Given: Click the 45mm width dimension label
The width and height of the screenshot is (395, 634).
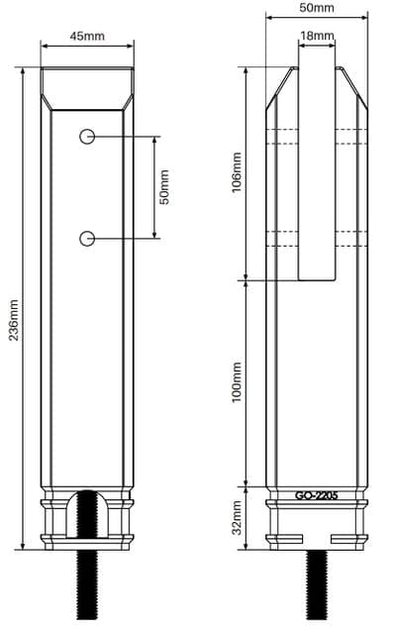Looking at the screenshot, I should tap(88, 36).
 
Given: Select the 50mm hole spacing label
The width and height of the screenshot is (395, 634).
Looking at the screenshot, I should tap(165, 187).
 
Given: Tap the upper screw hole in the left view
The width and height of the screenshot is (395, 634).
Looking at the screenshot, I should tap(87, 137).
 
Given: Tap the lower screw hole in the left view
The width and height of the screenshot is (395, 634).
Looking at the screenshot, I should tap(87, 238).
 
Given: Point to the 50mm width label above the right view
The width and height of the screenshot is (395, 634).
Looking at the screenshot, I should tap(316, 8).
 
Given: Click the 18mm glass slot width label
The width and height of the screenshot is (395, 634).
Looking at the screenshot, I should tap(317, 36).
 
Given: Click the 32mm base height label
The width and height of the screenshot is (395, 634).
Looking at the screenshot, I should tap(236, 516).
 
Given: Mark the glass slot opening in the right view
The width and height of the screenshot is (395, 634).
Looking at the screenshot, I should tap(317, 168).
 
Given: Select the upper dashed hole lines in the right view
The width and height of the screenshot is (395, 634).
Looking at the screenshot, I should tap(317, 138).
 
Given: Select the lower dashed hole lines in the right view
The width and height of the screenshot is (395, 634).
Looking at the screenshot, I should tap(317, 238).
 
